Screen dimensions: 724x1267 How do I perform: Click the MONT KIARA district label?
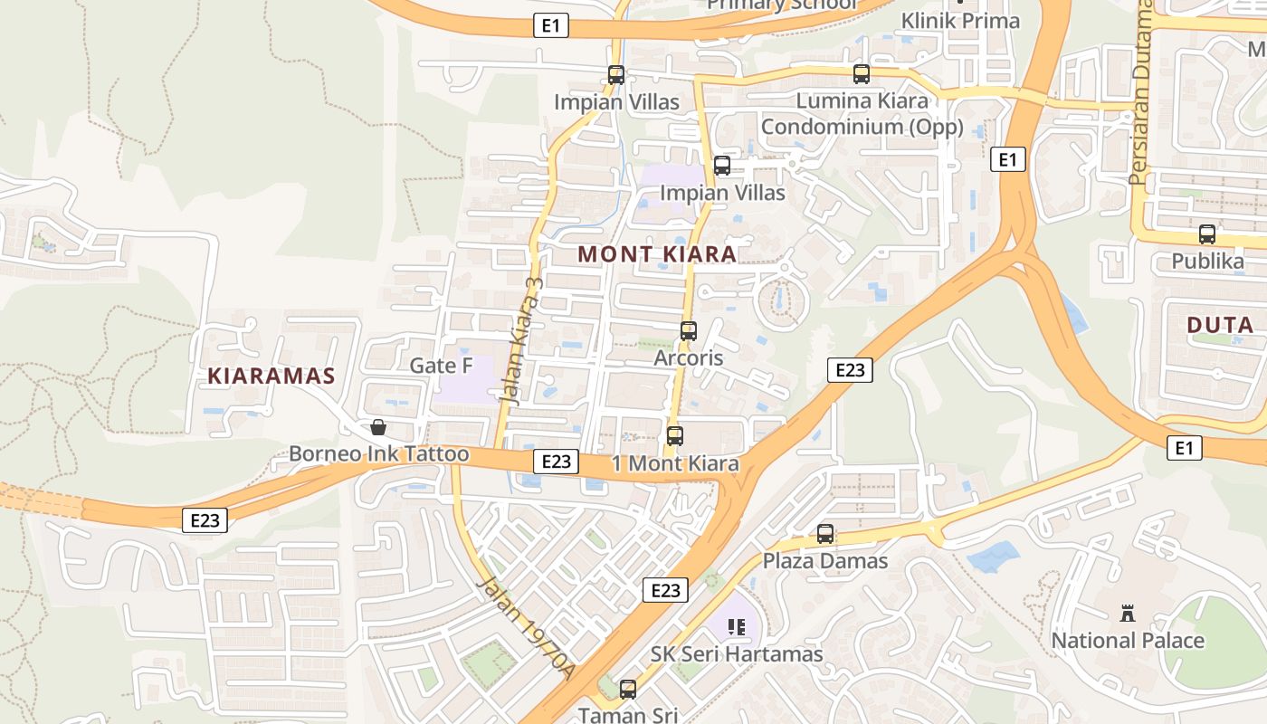click(x=657, y=254)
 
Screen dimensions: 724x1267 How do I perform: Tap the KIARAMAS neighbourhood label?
click(x=271, y=376)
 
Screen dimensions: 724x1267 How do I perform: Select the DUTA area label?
click(x=1220, y=326)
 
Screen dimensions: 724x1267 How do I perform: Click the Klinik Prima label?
click(x=960, y=21)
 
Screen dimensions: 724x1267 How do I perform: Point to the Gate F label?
click(x=442, y=366)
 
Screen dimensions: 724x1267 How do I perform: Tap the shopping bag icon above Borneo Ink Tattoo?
click(x=378, y=427)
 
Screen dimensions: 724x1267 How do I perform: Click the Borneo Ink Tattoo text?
click(x=379, y=454)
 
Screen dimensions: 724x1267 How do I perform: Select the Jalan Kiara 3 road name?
click(x=522, y=339)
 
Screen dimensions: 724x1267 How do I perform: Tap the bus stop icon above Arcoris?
click(x=689, y=331)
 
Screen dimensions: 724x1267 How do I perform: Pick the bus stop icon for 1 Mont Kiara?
click(x=674, y=436)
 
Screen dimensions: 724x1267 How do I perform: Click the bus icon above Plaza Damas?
click(x=825, y=534)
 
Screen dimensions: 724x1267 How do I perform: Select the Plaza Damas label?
click(x=825, y=561)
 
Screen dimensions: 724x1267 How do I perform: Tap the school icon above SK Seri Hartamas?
click(x=737, y=626)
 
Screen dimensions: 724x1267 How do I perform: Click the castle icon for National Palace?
click(x=1127, y=614)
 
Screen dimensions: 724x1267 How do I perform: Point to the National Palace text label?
click(x=1127, y=641)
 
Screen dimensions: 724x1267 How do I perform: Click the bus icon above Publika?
click(x=1207, y=234)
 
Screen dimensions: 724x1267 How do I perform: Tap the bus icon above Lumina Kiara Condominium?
click(x=862, y=74)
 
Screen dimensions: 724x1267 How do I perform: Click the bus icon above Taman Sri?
click(x=628, y=690)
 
